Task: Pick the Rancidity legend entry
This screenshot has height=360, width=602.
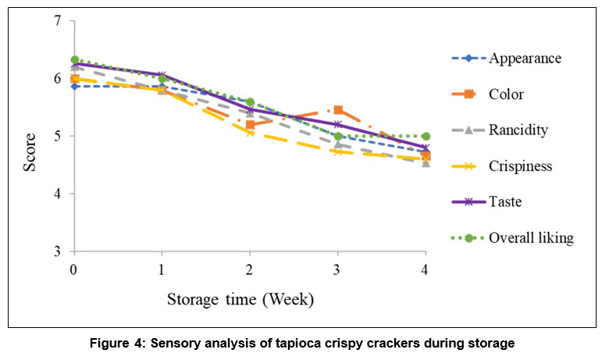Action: pyautogui.click(x=518, y=130)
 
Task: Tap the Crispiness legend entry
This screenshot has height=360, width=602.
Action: pyautogui.click(x=521, y=166)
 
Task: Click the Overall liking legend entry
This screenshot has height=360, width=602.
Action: pyautogui.click(x=531, y=238)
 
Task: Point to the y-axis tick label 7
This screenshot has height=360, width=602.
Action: pyautogui.click(x=57, y=21)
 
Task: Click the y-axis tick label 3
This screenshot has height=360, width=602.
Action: pyautogui.click(x=57, y=251)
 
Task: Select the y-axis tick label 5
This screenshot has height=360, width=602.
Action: pyautogui.click(x=57, y=137)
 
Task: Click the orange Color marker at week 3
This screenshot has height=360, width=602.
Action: pyautogui.click(x=338, y=110)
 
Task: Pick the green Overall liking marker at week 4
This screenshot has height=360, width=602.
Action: pyautogui.click(x=426, y=136)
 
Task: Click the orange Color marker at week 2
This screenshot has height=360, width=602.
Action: pyautogui.click(x=250, y=125)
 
